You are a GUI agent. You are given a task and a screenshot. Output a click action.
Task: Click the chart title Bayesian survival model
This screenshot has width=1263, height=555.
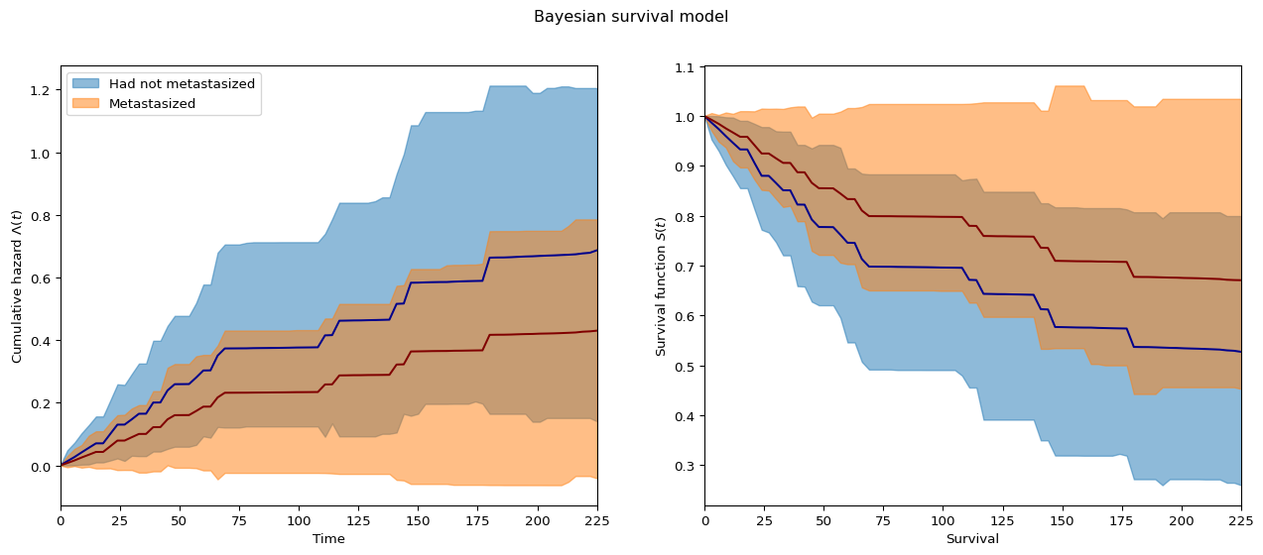(631, 17)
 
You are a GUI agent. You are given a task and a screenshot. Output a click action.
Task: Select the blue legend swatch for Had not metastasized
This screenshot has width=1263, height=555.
(86, 83)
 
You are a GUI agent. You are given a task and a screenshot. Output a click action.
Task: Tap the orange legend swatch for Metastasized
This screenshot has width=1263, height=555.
(86, 103)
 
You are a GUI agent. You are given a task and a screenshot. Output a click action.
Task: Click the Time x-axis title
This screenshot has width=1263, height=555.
(328, 539)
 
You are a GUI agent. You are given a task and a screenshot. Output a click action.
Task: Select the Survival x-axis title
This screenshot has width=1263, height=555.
(972, 539)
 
